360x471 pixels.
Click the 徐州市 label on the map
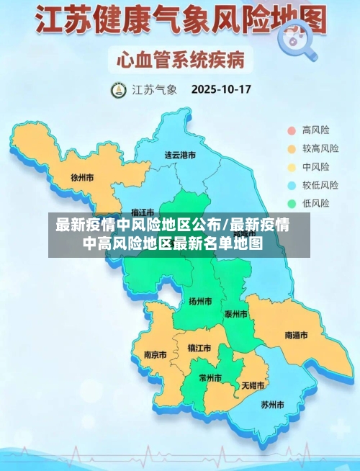[x=83, y=176]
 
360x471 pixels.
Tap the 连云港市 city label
[x=180, y=155]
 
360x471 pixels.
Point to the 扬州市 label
[x=200, y=301]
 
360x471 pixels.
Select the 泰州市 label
[x=235, y=315]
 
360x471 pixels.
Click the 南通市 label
[x=296, y=336]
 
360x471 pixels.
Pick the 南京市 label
[x=155, y=354]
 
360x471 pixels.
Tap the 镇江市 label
[x=199, y=348]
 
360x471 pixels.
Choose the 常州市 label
[x=211, y=377]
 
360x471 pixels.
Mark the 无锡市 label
[x=253, y=385]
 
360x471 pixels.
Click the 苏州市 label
[x=273, y=404]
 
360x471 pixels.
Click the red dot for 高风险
[x=292, y=130]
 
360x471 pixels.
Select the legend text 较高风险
[x=320, y=149]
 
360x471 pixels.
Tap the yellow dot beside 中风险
[x=292, y=167]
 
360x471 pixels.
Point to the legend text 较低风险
[x=320, y=185]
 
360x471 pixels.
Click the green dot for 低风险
[x=292, y=203]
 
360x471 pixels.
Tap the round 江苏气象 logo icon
[x=117, y=91]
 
